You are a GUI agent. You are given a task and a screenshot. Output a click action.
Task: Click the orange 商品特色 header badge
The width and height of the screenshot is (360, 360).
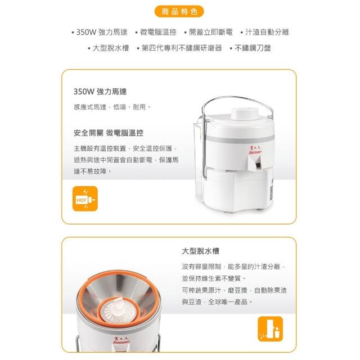[x=179, y=11]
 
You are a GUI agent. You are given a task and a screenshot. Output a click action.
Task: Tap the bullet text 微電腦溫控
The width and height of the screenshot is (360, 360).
[x=158, y=32]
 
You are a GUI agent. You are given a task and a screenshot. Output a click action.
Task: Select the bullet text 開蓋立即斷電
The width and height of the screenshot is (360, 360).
[x=211, y=32]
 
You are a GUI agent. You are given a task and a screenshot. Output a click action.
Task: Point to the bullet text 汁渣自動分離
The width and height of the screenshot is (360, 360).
[x=267, y=32]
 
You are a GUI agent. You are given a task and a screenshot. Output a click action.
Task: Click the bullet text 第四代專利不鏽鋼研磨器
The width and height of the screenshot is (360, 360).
[x=182, y=48]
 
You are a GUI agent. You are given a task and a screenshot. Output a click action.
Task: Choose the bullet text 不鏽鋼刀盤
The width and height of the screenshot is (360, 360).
[x=253, y=48]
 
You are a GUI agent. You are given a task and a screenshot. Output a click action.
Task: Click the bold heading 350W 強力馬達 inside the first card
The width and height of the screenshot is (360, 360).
[x=100, y=92]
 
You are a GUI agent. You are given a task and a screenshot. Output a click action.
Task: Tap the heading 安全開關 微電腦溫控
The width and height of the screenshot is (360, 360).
[x=109, y=133]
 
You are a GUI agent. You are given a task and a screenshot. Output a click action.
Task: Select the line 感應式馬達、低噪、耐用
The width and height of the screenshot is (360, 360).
[x=112, y=107]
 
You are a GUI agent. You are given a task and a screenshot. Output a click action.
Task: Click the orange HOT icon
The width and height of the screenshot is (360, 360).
[x=85, y=199]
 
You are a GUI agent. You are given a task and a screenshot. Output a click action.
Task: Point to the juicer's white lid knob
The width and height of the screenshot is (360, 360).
[x=245, y=114]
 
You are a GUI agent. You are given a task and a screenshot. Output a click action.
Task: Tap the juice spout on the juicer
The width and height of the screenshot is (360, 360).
[x=255, y=163]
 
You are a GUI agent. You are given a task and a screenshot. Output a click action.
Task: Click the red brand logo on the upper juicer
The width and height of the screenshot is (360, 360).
[x=255, y=150]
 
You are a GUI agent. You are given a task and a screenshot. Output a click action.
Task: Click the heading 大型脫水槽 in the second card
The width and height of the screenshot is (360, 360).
[x=200, y=251]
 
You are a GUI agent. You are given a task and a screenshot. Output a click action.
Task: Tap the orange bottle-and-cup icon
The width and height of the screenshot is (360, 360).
[x=270, y=329]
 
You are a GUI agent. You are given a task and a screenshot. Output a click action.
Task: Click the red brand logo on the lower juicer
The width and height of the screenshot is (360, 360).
[x=121, y=340]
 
